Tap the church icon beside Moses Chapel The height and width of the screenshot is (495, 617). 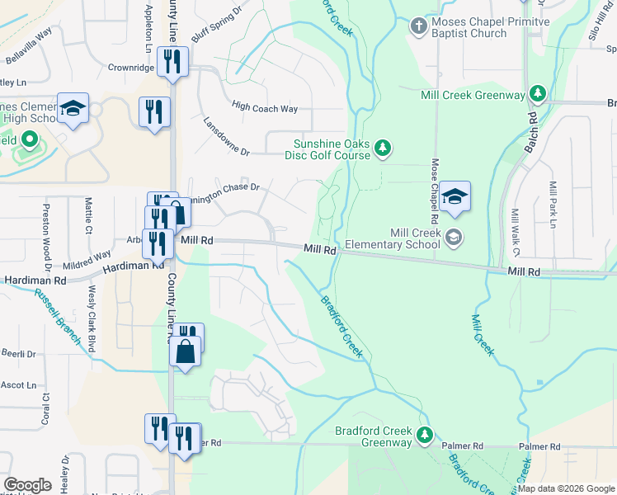pyautogui.click(x=419, y=27)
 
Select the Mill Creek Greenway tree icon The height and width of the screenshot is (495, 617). pyautogui.click(x=538, y=94)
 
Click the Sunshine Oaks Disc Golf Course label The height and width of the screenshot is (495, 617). pyautogui.click(x=327, y=148)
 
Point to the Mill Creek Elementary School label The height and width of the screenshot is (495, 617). pyautogui.click(x=394, y=238)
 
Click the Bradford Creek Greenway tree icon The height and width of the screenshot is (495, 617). pyautogui.click(x=425, y=435)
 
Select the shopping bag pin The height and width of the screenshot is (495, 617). pyautogui.click(x=186, y=351)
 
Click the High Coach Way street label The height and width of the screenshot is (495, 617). pyautogui.click(x=265, y=107)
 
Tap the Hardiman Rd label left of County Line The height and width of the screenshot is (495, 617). pyautogui.click(x=131, y=266)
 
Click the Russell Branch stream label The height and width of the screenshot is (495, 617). pyautogui.click(x=59, y=321)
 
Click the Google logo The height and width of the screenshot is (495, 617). pyautogui.click(x=26, y=485)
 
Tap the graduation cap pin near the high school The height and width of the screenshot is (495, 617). pyautogui.click(x=73, y=109)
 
